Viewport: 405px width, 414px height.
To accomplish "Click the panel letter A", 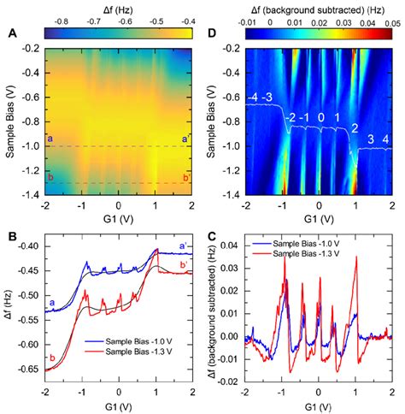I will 13,35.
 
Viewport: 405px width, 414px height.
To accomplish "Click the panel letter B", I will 13,234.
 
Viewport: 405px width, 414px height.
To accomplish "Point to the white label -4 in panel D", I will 254,98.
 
